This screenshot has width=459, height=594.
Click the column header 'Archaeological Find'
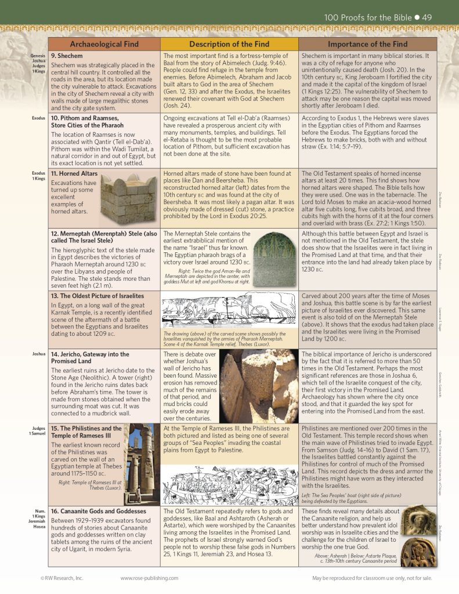(x=104, y=44)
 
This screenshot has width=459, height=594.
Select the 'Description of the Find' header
(x=229, y=44)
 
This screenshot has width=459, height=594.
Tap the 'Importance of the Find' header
(x=367, y=44)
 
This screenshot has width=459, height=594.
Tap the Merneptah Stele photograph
(x=275, y=259)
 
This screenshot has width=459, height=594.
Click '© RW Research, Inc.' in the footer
(x=62, y=578)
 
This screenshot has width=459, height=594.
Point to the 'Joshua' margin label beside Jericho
(x=38, y=353)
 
